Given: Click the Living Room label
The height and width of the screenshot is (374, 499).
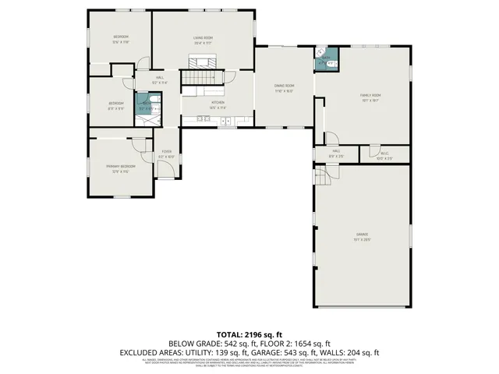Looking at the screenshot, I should point(203,40).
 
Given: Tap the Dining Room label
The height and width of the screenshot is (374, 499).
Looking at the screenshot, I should point(285,87).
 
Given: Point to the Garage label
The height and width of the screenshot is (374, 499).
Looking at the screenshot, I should point(363,236).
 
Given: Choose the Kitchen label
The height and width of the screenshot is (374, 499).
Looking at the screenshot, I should point(218,104).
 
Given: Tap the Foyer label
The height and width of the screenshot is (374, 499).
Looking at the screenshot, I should point(167,153).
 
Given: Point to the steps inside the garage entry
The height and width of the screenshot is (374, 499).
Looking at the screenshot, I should point(320,179).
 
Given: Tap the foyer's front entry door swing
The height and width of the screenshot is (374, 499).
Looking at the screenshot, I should point(165,171).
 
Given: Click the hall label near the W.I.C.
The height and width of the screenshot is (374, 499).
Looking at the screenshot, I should point(335,154).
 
